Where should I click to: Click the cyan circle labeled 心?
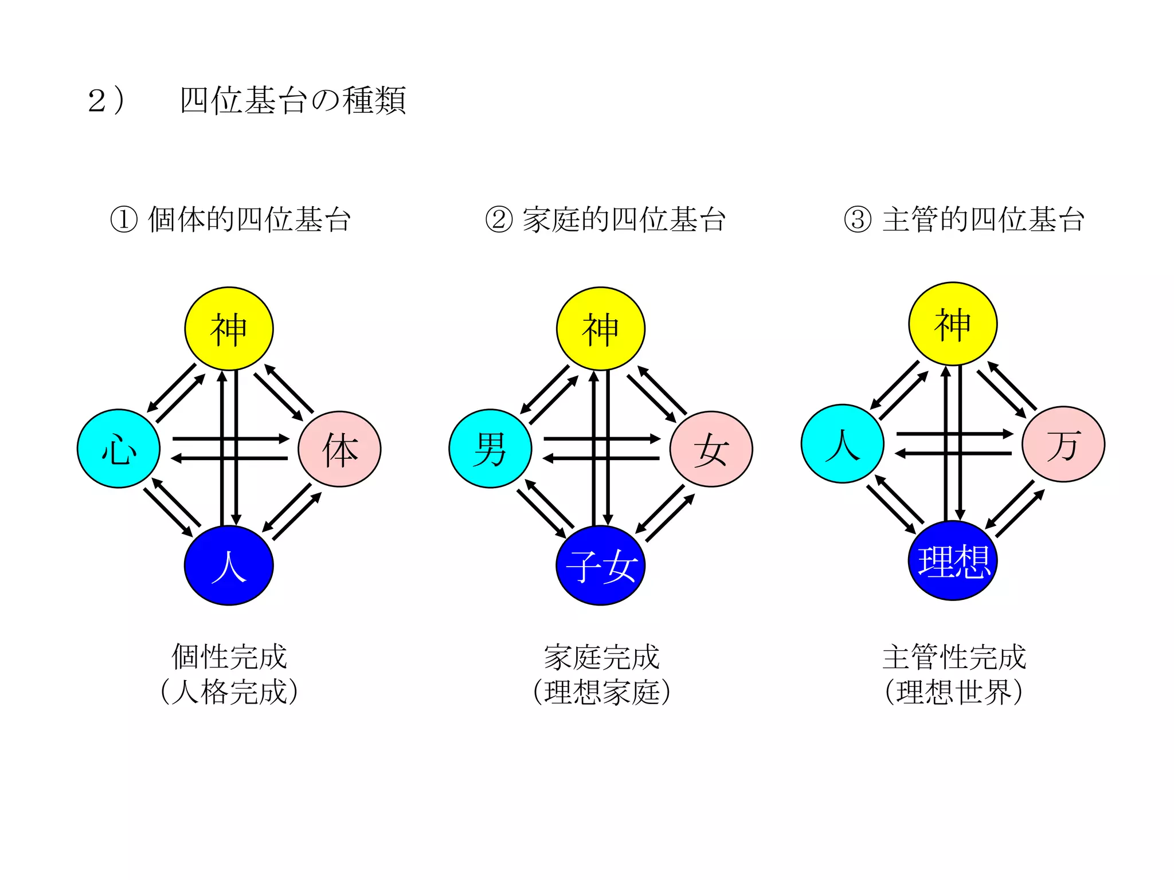(119, 449)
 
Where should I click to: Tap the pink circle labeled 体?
(339, 449)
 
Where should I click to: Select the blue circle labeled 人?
(229, 565)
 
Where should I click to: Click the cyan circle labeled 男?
(490, 449)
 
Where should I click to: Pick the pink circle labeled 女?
(711, 449)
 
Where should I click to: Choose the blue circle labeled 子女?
(601, 565)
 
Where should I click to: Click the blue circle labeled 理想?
(953, 561)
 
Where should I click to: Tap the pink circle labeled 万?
(1063, 445)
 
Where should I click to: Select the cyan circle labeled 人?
(842, 444)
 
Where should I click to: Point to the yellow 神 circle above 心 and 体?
(229, 329)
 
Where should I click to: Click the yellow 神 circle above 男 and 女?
(601, 329)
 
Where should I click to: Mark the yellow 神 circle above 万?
(953, 324)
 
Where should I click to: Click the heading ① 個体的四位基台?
(230, 219)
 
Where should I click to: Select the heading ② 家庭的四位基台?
(605, 219)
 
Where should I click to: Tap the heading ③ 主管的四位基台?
(964, 219)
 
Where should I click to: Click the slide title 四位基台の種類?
(292, 101)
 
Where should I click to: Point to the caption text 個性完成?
(229, 657)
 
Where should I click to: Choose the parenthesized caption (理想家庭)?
(601, 692)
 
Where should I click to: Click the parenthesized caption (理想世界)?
(953, 692)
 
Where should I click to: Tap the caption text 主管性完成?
(954, 657)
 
